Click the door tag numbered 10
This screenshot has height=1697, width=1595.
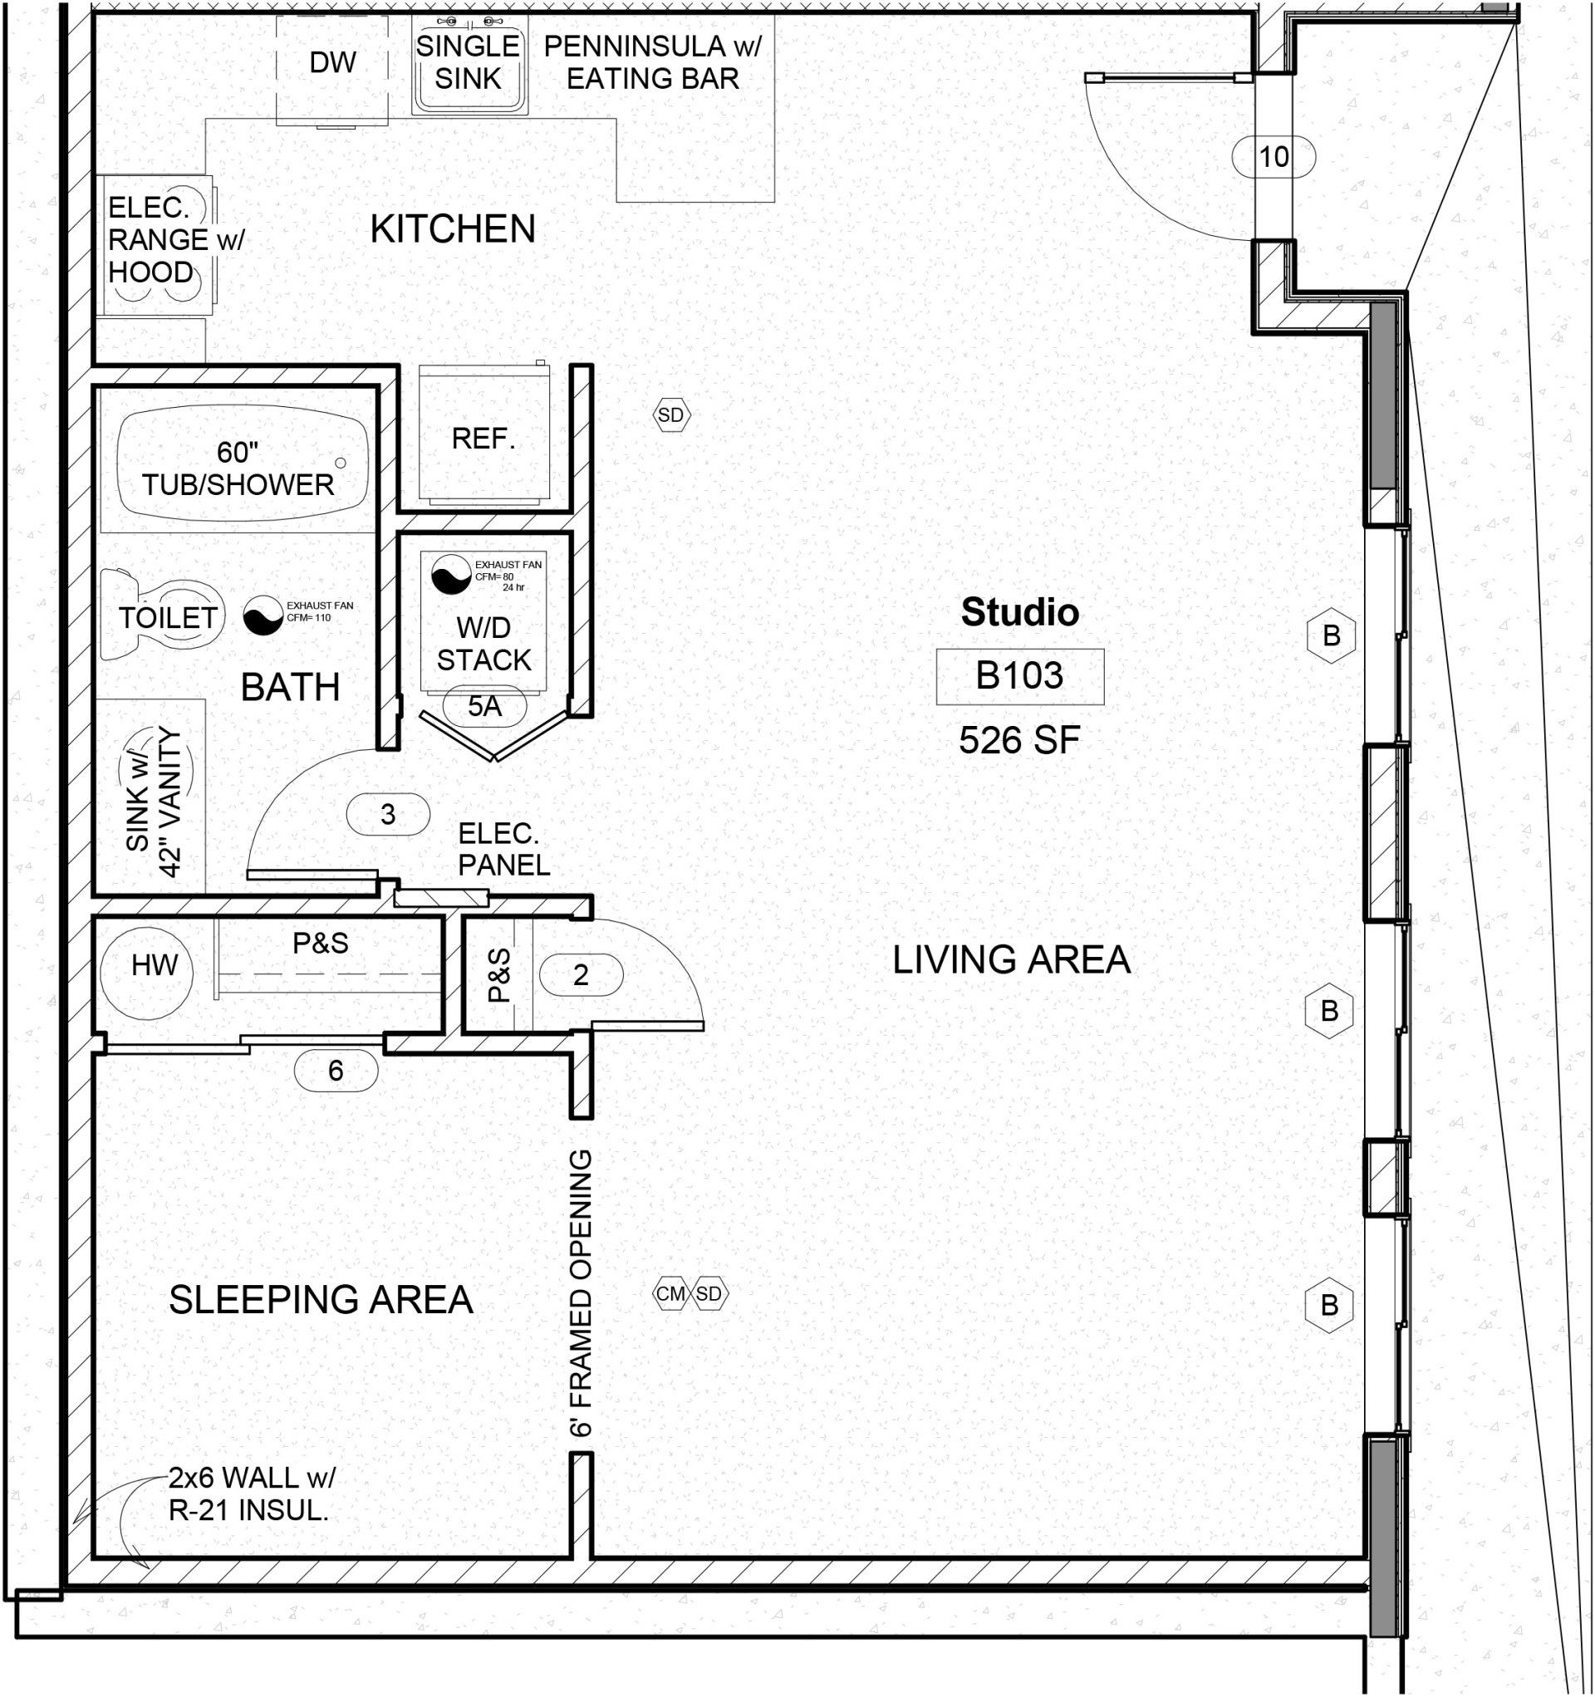(1274, 156)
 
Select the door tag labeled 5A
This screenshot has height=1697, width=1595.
(484, 706)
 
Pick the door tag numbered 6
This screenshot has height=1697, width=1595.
(336, 1070)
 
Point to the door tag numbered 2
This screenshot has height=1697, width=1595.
(581, 974)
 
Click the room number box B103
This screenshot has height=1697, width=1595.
(1019, 676)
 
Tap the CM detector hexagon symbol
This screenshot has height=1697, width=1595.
(670, 1293)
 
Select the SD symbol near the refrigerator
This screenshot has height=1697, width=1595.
(672, 414)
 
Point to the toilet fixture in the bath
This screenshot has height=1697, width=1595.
(162, 617)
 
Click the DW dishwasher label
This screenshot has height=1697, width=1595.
(332, 62)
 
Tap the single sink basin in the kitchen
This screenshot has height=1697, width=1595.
(469, 64)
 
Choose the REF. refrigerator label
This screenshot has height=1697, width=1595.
(483, 439)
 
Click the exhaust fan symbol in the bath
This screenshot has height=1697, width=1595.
(263, 615)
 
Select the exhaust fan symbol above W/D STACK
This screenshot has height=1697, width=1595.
(451, 575)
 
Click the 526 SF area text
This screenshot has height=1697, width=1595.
(1019, 740)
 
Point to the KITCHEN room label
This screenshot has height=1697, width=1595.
(453, 228)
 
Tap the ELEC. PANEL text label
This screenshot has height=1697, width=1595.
(503, 850)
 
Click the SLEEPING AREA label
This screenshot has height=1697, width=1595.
(321, 1300)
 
